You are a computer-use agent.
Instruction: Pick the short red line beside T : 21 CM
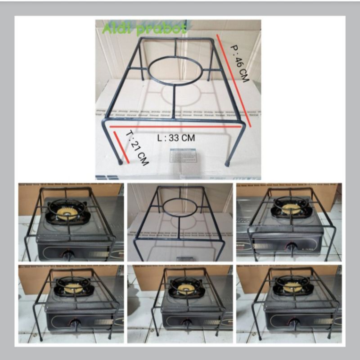121,146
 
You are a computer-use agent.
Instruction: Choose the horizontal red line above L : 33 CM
175,127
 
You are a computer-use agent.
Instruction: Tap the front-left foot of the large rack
119,160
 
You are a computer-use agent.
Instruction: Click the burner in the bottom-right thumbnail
291,285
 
